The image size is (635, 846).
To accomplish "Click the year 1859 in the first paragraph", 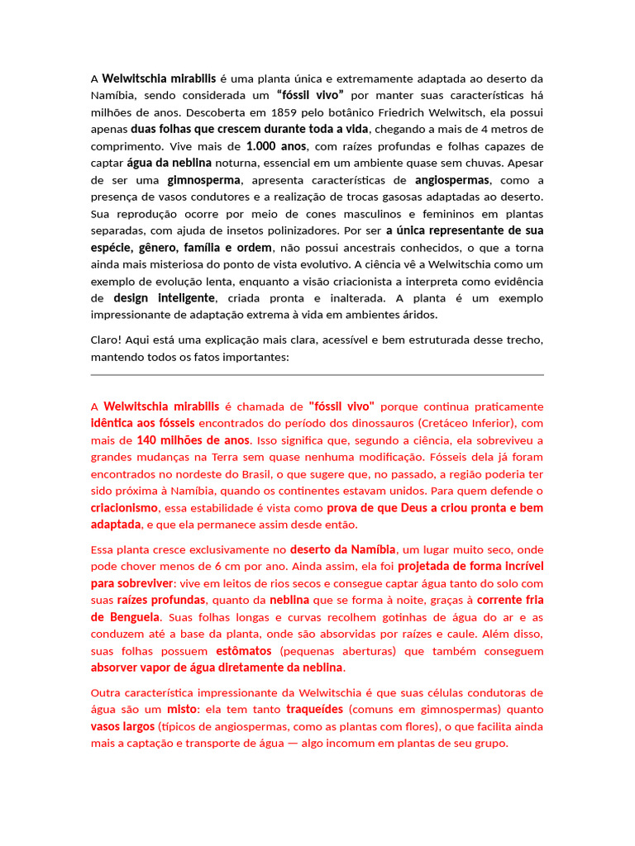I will [304, 112].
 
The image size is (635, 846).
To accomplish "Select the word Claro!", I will [107, 340].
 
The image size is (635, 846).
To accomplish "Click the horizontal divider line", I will [317, 375].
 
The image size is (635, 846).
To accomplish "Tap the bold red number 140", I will [147, 440].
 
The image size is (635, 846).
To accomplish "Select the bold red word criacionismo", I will [124, 508].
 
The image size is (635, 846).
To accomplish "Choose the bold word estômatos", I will [245, 651].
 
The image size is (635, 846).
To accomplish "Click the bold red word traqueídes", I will [314, 710].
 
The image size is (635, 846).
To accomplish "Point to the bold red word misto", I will [182, 710].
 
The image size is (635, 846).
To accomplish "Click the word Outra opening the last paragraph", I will [107, 693].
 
